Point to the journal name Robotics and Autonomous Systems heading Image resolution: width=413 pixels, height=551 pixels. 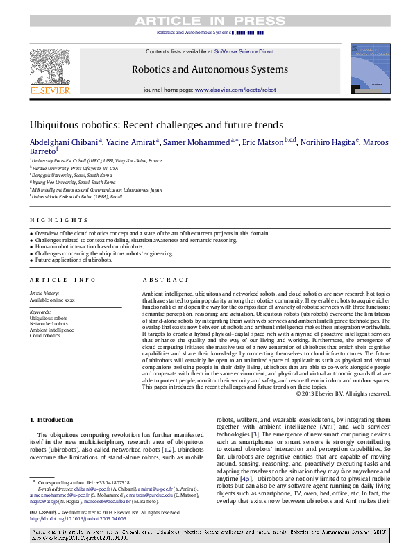[209, 69]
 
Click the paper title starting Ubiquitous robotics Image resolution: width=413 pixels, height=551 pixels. [146, 126]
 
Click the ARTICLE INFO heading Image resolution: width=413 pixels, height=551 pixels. [62, 280]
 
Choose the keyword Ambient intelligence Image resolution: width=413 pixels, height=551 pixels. [51, 330]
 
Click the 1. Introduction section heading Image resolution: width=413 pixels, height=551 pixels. [52, 420]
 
